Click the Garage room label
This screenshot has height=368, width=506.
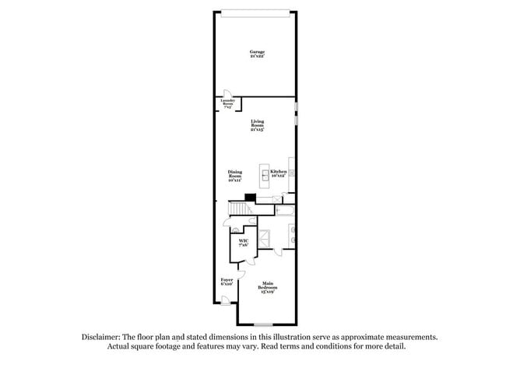click(257, 54)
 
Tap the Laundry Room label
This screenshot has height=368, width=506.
click(228, 103)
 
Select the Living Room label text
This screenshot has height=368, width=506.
click(257, 125)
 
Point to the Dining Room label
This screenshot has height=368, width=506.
click(234, 175)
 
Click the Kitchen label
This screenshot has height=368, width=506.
click(279, 173)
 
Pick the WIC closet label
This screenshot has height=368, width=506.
click(243, 243)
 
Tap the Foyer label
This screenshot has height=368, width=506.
click(227, 281)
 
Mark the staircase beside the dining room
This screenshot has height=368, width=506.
click(241, 209)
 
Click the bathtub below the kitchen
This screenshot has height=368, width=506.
click(285, 211)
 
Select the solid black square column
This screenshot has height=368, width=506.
click(250, 198)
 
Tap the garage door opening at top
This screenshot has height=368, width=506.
click(257, 11)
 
